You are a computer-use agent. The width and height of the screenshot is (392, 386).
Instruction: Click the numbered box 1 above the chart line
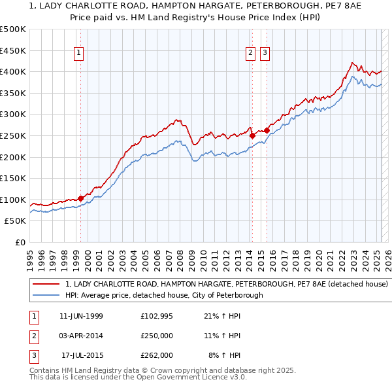(x=78, y=54)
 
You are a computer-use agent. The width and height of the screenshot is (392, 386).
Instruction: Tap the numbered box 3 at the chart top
(x=265, y=54)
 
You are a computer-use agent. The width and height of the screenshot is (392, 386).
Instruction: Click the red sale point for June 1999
(x=80, y=198)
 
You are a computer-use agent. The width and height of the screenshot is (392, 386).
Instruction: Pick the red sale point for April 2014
(x=252, y=136)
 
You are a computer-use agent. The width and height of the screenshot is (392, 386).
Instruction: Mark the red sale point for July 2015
(x=267, y=131)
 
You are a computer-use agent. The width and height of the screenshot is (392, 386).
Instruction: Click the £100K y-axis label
(x=13, y=200)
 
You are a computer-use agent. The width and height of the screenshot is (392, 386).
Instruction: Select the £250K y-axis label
(x=13, y=135)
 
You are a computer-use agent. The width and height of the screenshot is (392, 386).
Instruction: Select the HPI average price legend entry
(x=163, y=295)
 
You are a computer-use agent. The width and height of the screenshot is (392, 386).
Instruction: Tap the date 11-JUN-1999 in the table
(x=81, y=316)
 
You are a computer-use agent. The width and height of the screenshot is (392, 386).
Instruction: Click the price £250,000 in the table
(x=157, y=336)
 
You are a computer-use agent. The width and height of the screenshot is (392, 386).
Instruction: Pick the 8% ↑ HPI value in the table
(x=225, y=355)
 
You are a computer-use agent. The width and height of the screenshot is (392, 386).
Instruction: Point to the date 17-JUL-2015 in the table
(x=82, y=355)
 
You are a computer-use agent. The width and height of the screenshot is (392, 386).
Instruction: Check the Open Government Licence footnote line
(x=138, y=377)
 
